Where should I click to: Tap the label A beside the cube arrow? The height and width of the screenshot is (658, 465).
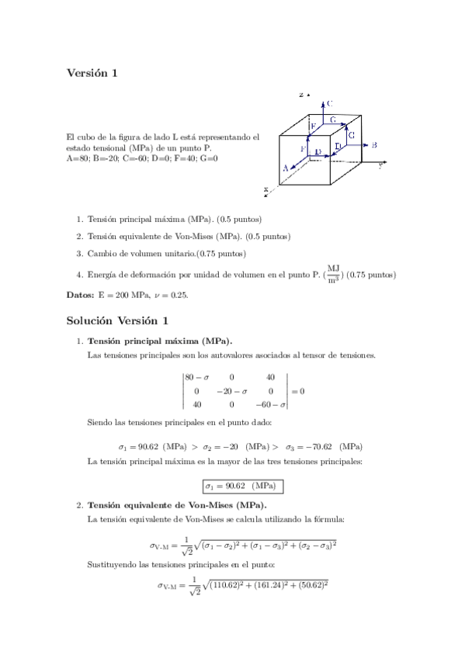tap(286, 167)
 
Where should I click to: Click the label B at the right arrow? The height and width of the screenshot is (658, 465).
tap(374, 145)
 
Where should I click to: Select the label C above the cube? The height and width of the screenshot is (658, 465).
tap(330, 102)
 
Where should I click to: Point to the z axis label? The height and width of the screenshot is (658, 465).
tap(300, 95)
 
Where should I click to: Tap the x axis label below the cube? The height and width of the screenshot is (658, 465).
tap(265, 189)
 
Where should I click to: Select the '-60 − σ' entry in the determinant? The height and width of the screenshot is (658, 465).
tap(272, 405)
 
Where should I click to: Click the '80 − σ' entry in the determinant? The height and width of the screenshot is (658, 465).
tap(197, 377)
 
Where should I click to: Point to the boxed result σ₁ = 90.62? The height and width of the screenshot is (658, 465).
tap(241, 487)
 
